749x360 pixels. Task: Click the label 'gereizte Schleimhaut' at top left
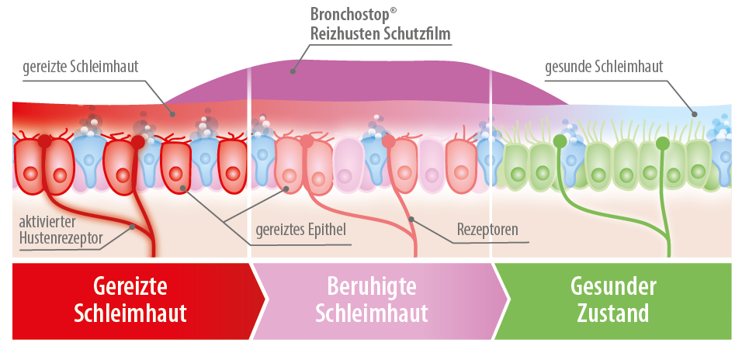(x=81, y=67)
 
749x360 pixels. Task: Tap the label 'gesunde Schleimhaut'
(x=604, y=67)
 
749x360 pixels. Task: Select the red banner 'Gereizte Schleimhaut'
(x=132, y=300)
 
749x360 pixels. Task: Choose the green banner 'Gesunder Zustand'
(x=613, y=300)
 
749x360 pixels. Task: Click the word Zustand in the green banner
(x=614, y=314)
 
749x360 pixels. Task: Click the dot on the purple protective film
(x=293, y=71)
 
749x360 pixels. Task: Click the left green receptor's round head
(x=559, y=140)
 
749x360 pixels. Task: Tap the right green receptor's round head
(x=662, y=144)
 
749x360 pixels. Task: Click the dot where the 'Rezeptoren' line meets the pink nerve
(x=411, y=220)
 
